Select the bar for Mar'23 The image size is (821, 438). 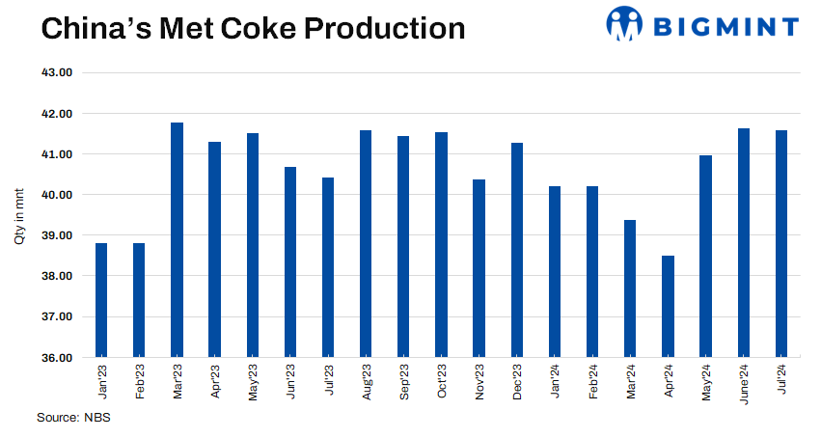(177, 240)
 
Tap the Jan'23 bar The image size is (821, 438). (101, 300)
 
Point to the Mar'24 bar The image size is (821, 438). (630, 288)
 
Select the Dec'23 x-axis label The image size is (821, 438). (517, 382)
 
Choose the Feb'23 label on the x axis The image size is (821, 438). (139, 382)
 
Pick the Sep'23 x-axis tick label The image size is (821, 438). (403, 382)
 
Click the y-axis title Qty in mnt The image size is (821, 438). (19, 215)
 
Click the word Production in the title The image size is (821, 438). (384, 28)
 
